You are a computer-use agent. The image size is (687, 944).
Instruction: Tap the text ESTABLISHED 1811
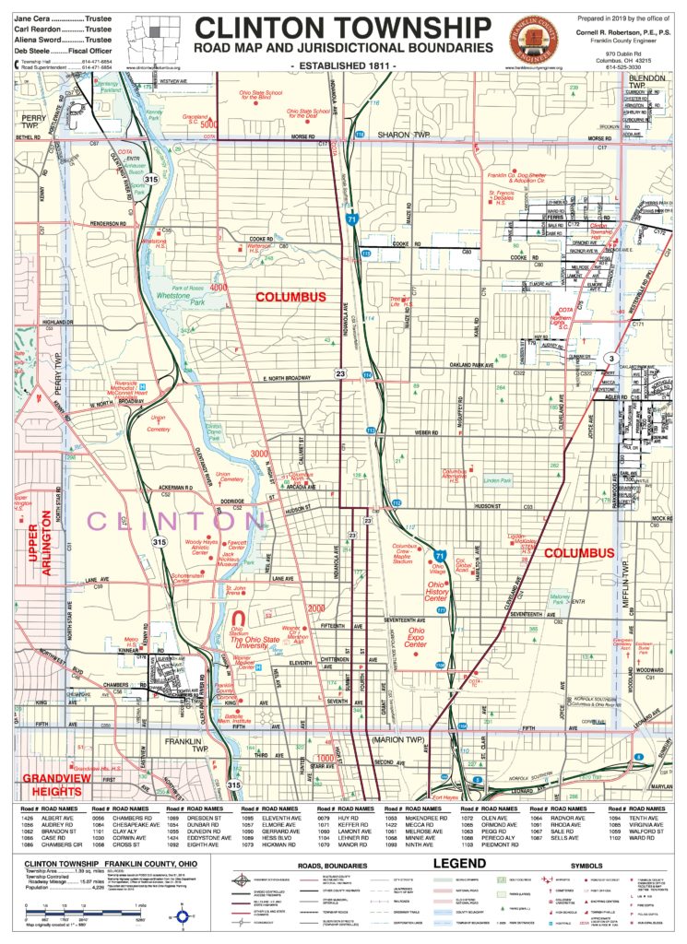(x=343, y=67)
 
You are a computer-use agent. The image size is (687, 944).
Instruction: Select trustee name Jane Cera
(x=34, y=18)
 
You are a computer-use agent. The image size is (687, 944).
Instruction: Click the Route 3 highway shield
(x=610, y=357)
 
